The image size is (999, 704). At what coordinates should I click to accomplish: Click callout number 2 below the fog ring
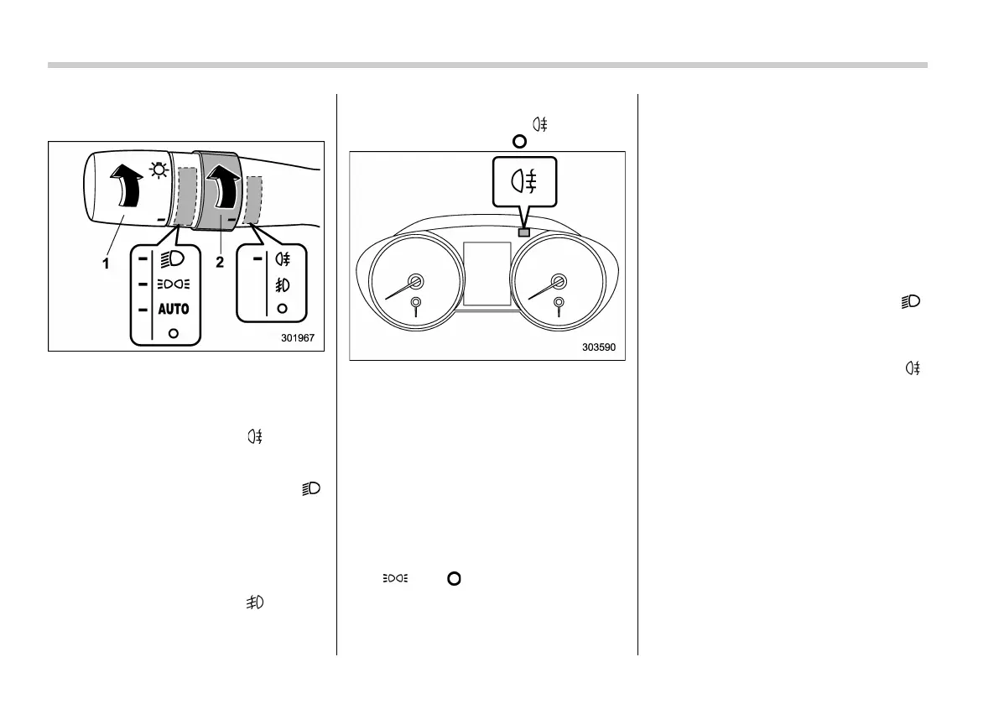[x=219, y=262]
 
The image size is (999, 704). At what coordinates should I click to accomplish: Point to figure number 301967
[x=298, y=340]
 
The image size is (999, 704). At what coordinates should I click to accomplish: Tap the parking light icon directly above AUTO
[x=173, y=284]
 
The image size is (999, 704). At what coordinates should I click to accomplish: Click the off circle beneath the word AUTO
[x=173, y=333]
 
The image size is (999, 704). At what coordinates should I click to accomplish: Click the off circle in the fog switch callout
[x=281, y=309]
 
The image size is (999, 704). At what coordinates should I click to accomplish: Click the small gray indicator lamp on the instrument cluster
[x=525, y=232]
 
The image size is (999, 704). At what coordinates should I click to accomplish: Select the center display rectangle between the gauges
[x=486, y=274]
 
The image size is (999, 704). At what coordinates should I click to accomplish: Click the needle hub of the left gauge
[x=414, y=281]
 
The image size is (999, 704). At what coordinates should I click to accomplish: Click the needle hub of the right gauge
[x=557, y=281]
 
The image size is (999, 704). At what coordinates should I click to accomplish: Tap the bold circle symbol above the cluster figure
[x=519, y=141]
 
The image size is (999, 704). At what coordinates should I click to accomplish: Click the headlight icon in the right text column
[x=910, y=301]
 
